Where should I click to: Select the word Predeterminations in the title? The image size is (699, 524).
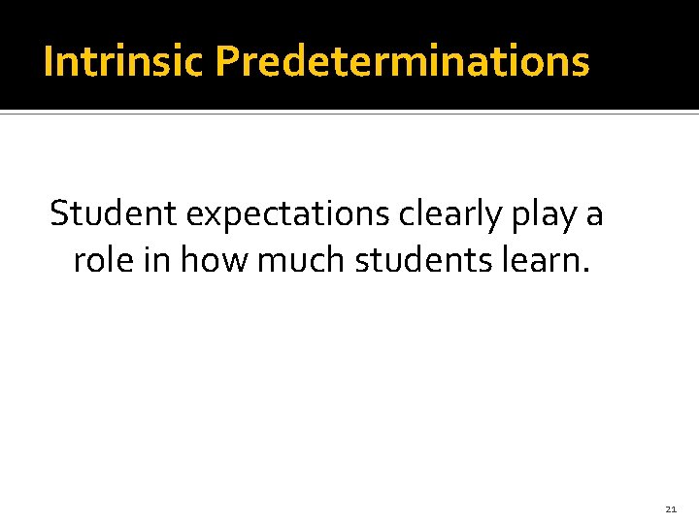402,62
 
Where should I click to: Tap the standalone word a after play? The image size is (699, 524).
594,215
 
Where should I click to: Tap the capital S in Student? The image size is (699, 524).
60,213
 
